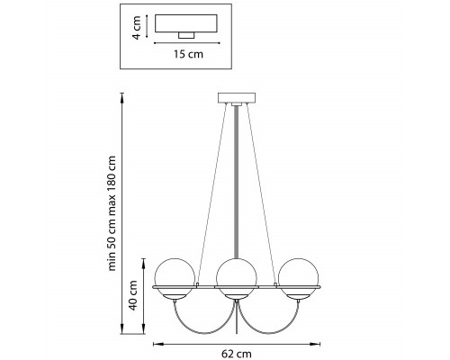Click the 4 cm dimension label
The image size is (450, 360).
pos(137,28)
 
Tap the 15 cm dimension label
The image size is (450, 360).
pos(188,54)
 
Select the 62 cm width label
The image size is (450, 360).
pos(237,354)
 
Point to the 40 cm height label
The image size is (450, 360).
pos(132,295)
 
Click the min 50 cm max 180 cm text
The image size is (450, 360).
pos(112,213)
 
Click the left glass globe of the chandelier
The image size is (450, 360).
pos(175,278)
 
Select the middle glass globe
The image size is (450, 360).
pos(237,278)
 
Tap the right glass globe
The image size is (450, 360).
pos(299,278)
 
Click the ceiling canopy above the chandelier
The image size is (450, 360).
pos(237,98)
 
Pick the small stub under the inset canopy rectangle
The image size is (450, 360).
pos(186,35)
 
